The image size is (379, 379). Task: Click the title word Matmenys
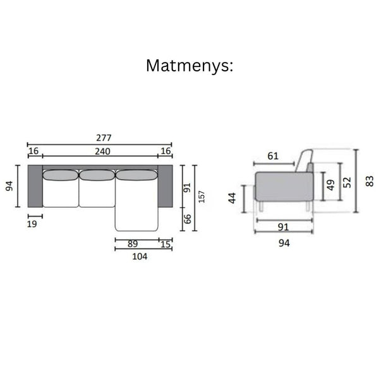189,66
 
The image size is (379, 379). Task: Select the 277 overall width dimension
104,138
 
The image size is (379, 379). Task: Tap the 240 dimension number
102,152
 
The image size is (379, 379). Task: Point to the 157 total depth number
202,196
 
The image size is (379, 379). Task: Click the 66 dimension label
188,219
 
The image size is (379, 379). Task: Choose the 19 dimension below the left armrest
32,224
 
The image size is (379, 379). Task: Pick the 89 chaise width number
133,244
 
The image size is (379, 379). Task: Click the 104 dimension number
140,256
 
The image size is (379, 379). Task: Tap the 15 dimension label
165,244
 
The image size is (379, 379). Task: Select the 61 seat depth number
273,156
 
